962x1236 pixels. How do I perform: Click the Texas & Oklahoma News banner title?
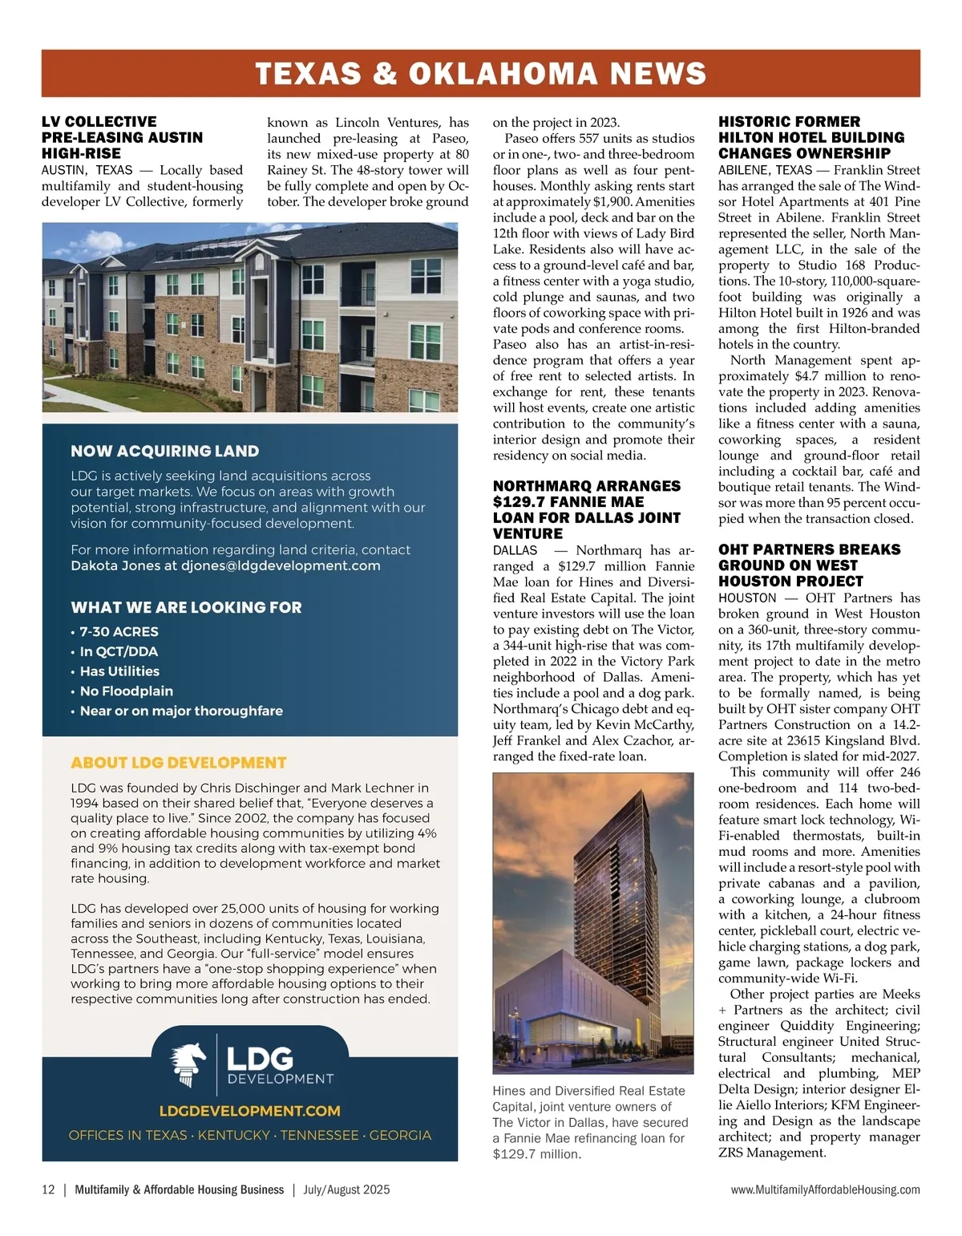tap(481, 74)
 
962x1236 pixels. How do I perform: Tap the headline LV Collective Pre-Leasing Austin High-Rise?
tap(122, 137)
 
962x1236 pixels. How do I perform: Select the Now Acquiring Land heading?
tap(164, 451)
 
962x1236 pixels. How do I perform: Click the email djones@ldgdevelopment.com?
tap(281, 565)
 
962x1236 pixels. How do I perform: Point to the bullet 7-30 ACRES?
tap(119, 631)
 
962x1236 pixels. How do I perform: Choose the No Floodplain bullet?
tap(126, 691)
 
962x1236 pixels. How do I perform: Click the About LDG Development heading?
tap(178, 763)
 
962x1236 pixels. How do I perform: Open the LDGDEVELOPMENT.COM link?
tap(249, 1111)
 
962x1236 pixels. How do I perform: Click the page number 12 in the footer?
tap(48, 1189)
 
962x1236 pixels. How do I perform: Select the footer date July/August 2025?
tap(346, 1189)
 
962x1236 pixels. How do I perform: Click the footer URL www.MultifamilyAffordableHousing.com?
tap(825, 1189)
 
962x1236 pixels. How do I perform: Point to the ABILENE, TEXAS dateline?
tap(764, 170)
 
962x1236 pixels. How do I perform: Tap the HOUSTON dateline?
tap(747, 598)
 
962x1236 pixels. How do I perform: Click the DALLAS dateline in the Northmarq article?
tap(515, 550)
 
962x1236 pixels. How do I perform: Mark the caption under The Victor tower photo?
tap(591, 1122)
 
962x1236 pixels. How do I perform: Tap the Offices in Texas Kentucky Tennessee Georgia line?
tap(249, 1135)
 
